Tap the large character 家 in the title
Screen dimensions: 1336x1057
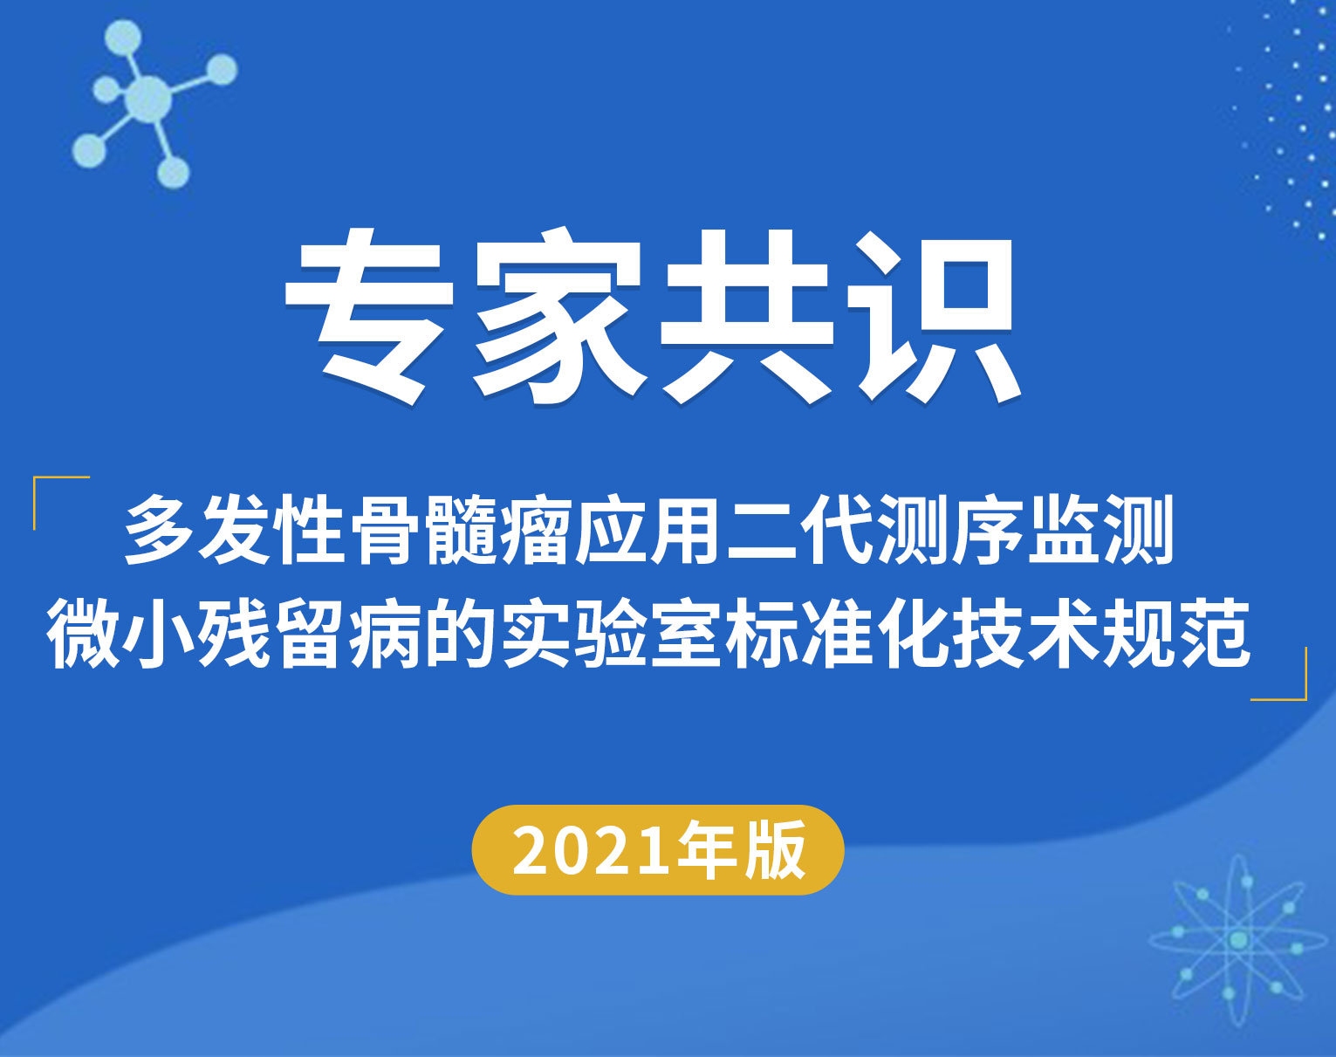pos(557,314)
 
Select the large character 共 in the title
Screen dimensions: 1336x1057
pos(745,314)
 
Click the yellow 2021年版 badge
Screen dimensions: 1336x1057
pos(657,849)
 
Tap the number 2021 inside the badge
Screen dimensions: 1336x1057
pos(593,851)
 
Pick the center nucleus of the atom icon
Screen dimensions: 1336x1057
pos(1238,940)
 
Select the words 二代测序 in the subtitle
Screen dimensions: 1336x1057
pos(874,530)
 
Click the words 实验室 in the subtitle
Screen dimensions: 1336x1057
pos(612,634)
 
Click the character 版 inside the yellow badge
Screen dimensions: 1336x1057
pos(776,850)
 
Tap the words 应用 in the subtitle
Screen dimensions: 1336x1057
pos(648,530)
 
